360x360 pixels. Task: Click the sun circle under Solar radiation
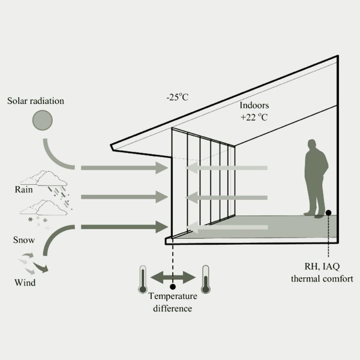(43, 120)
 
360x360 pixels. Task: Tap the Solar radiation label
(35, 101)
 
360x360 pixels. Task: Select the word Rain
(23, 190)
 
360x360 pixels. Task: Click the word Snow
(24, 240)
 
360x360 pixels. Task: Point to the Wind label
(25, 283)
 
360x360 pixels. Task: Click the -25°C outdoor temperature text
(177, 97)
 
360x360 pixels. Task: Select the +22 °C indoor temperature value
(254, 117)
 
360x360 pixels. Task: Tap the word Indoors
(254, 105)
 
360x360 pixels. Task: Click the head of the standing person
(312, 144)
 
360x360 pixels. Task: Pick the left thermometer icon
(143, 279)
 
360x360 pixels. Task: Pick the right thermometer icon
(205, 279)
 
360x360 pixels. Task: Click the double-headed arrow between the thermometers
(173, 277)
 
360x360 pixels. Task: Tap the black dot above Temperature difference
(173, 287)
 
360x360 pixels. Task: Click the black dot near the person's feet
(328, 213)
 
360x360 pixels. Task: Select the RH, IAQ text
(322, 266)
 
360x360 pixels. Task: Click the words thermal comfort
(322, 279)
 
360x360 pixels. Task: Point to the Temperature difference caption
(173, 302)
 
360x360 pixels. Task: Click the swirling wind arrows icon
(33, 263)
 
